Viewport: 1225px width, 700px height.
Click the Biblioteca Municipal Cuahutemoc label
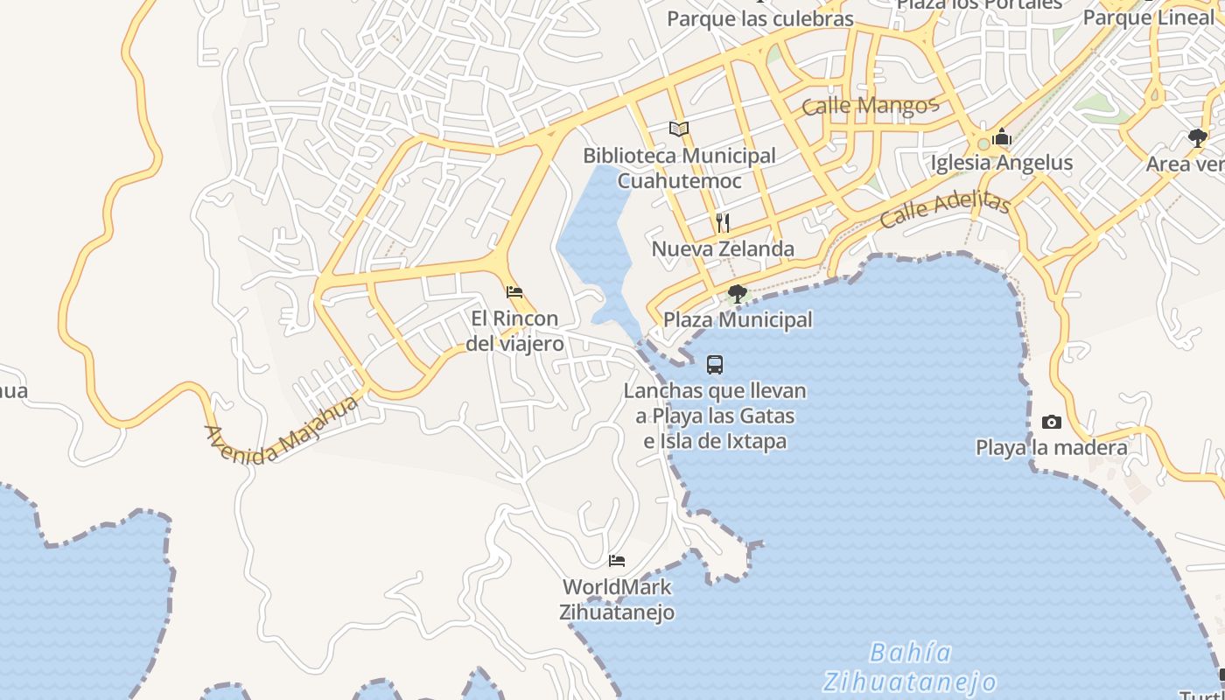tap(679, 168)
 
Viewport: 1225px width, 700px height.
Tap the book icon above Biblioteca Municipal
tap(679, 129)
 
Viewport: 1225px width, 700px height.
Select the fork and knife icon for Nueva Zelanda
tap(723, 223)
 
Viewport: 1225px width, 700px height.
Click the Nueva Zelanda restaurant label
tap(723, 249)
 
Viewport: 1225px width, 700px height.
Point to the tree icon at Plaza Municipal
tap(738, 293)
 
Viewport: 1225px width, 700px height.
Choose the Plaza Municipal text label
tap(738, 320)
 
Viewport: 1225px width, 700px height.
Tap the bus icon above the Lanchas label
tap(715, 365)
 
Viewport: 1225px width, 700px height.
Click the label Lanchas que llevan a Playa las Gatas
tap(715, 416)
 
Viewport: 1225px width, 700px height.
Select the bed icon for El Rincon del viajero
tap(514, 292)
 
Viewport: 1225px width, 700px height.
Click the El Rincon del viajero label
tap(514, 332)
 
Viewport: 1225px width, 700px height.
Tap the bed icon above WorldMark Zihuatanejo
tap(617, 561)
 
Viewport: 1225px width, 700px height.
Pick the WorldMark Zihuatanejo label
tap(617, 599)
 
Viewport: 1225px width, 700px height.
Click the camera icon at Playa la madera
tap(1052, 423)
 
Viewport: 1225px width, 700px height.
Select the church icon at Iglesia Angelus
tap(1002, 137)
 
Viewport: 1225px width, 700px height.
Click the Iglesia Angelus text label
tap(1001, 163)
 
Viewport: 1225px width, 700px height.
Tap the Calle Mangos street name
tap(870, 106)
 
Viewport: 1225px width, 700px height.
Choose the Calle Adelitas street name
tap(945, 209)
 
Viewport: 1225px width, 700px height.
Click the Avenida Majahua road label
tap(281, 430)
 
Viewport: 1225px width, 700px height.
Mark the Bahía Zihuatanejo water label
tap(910, 667)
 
